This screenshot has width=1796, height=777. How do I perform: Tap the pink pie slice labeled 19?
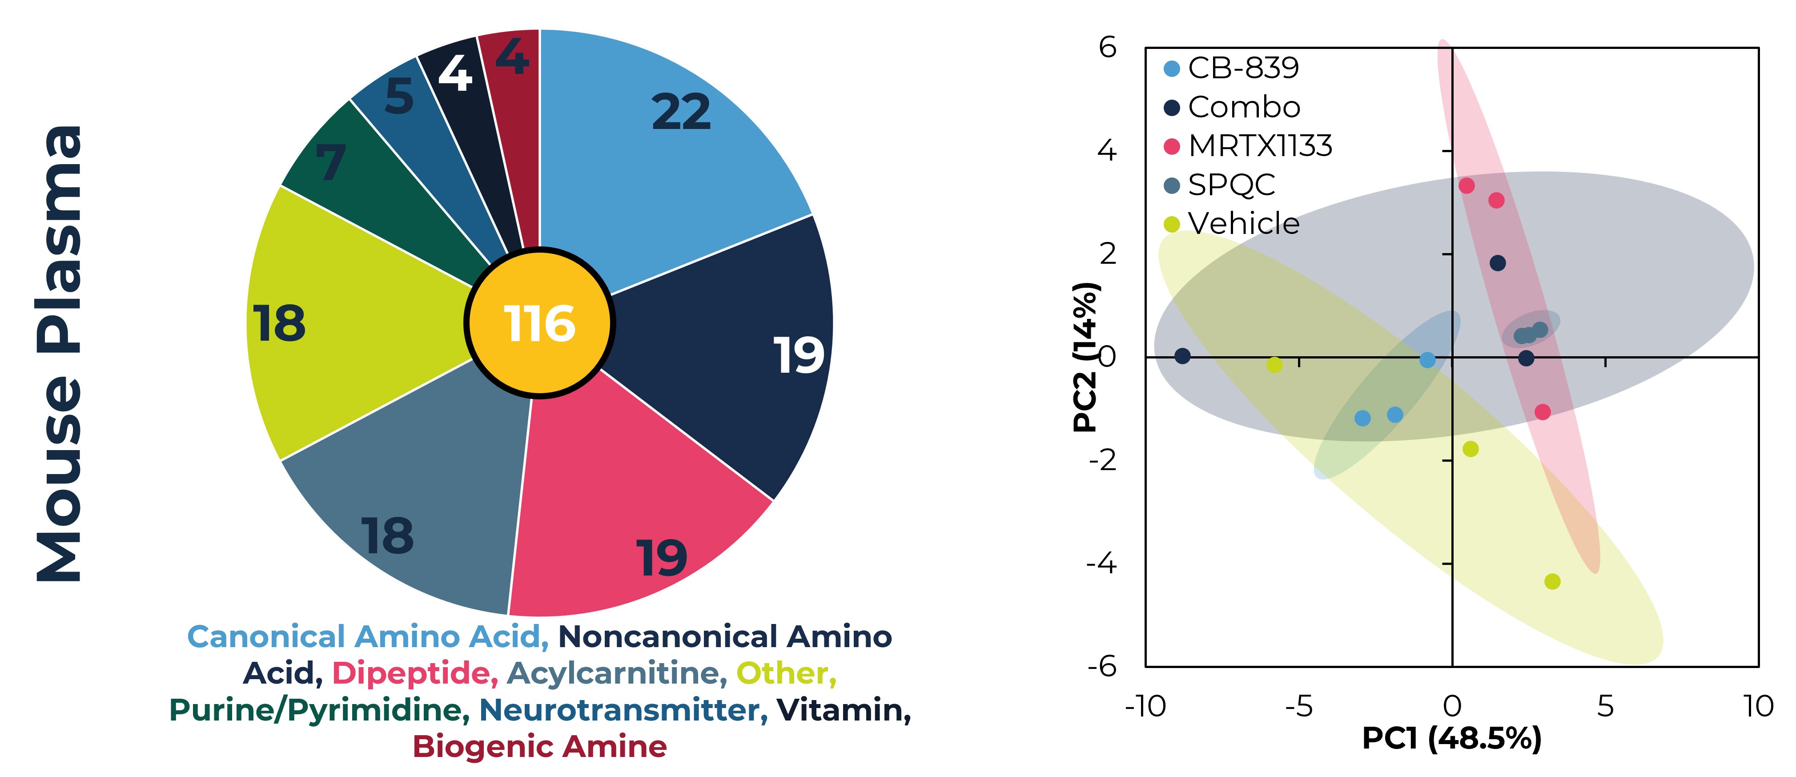(x=627, y=502)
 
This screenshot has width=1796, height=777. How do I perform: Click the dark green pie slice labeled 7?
(x=362, y=181)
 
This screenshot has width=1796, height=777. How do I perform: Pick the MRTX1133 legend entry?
(x=1248, y=146)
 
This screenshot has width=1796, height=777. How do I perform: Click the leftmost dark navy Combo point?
(x=1182, y=356)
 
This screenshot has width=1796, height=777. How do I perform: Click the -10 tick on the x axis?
(x=1145, y=707)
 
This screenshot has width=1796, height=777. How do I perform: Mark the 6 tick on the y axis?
(x=1108, y=48)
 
